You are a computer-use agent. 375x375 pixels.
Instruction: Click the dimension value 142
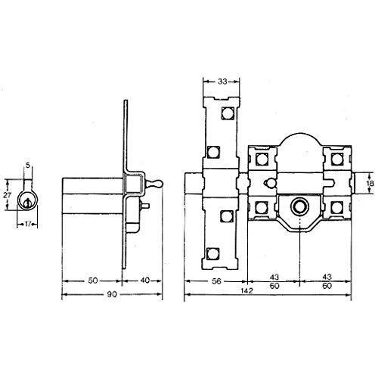tap(248, 290)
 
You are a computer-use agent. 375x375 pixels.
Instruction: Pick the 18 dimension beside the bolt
tap(368, 183)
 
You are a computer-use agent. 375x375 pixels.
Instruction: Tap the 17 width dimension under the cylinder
tap(28, 223)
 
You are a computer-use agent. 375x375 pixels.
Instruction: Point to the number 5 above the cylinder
tap(27, 165)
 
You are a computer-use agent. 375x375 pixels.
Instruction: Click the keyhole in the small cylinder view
tap(28, 202)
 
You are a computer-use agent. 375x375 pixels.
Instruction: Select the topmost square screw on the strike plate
tap(225, 116)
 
